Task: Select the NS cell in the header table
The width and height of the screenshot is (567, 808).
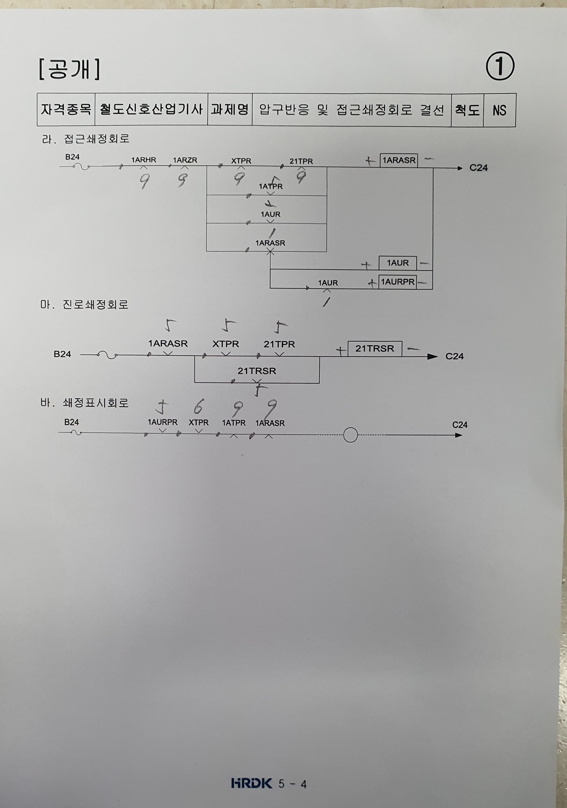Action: point(499,110)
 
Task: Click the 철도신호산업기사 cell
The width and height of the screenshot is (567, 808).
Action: point(151,109)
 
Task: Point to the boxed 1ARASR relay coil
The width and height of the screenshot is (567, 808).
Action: point(399,160)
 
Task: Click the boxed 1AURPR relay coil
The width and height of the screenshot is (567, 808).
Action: point(397,282)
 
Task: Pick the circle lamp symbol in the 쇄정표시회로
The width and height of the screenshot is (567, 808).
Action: point(350,435)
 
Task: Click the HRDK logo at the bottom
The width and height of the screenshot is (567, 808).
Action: point(252,783)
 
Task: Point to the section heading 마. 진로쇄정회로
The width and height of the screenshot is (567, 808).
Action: point(84,304)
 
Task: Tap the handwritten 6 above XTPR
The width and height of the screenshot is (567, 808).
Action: point(198,407)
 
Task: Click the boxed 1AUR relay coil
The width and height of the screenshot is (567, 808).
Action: point(397,263)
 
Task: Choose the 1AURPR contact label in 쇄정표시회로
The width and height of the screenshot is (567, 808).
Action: point(162,422)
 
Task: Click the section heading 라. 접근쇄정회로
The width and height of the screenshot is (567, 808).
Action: point(85,139)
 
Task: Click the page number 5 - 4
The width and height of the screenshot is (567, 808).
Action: point(292,784)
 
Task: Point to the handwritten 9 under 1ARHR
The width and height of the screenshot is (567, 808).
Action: point(144,182)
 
